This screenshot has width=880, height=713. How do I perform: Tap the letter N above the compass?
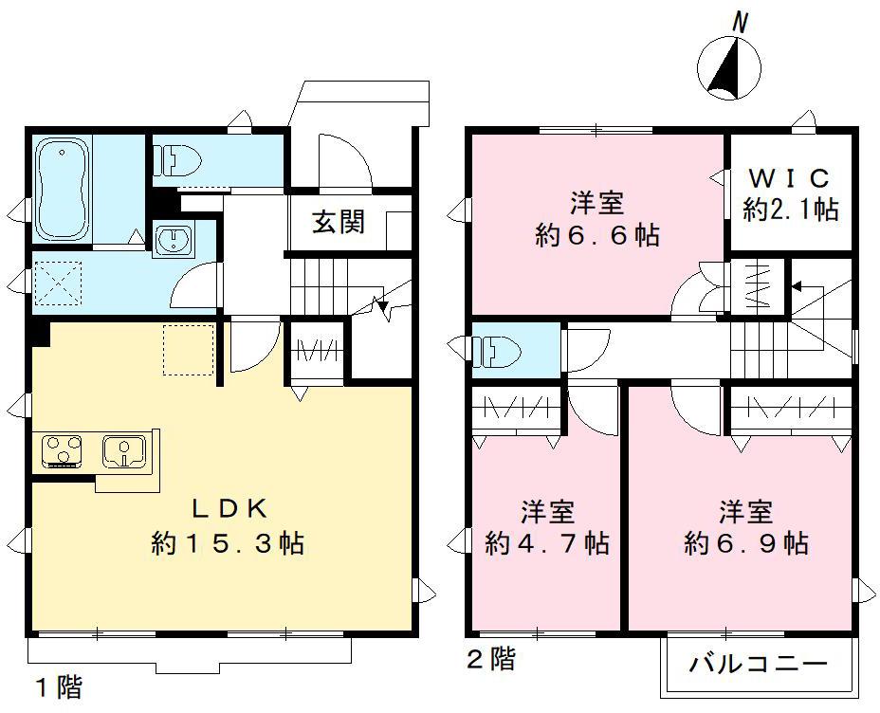(743, 21)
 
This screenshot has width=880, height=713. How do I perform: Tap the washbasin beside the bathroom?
(173, 241)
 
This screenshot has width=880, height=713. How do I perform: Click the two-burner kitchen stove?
(64, 450)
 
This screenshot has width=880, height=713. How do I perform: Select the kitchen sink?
(124, 450)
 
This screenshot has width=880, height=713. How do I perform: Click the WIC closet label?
(790, 177)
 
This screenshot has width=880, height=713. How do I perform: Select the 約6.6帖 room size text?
(597, 236)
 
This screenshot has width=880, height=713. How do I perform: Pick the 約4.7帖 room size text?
(546, 544)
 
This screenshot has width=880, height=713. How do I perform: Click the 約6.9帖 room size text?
(745, 544)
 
